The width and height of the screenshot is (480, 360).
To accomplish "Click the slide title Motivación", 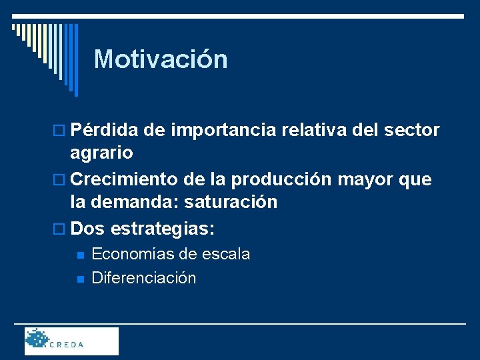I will pos(161,59).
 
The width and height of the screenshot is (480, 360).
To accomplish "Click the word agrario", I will pos(102,153).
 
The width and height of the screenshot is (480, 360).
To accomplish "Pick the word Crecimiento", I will pos(124,179).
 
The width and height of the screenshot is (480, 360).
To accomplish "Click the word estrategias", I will pos(163,229).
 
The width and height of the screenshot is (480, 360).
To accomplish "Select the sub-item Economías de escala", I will pos(171,254).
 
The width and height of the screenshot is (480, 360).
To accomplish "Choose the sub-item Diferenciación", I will pos(144,278).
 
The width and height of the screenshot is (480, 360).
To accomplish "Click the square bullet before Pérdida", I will pos(62,131).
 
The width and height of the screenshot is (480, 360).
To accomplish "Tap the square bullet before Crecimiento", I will pos(62,180).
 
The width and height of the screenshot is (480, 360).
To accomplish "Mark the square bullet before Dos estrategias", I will pos(62,229).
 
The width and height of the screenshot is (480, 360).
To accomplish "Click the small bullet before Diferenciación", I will pos(79,279).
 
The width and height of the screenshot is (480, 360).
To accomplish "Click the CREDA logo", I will pos(71,341).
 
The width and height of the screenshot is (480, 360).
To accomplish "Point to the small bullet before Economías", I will pos(79,255).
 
